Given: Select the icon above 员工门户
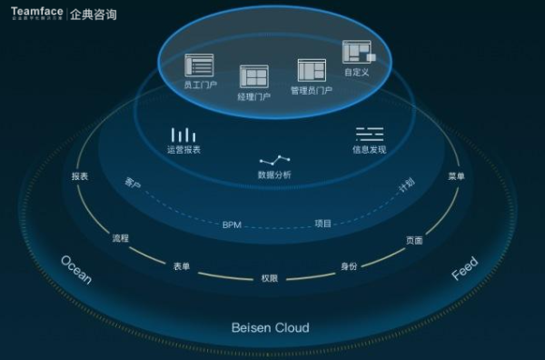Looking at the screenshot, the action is pos(198,65).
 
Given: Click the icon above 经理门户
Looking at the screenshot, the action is pos(253,76).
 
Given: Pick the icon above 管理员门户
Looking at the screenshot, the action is pos(312,70).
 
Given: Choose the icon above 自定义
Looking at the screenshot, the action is pos(355,51).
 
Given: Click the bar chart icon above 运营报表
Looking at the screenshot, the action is pos(183,135).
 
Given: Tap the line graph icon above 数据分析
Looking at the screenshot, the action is pos(274,160).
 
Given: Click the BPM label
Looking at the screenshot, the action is pos(232,224).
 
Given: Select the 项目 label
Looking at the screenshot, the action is pos(323,223).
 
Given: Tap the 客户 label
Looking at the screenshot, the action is pos(133,184).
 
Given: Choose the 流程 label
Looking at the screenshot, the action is pos(120,238).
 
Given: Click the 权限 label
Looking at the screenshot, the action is pos(269,278).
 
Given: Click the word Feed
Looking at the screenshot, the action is pos(464,268).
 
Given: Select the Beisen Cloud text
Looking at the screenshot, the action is pos(270,327).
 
